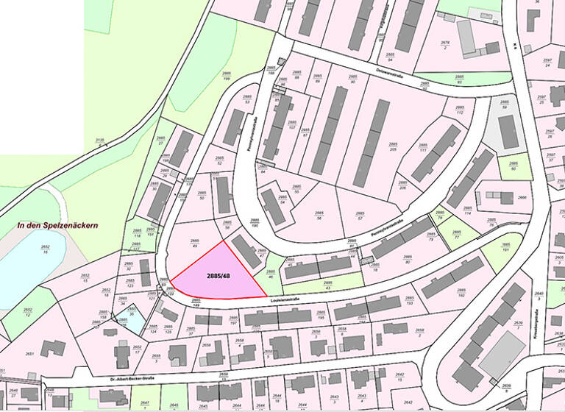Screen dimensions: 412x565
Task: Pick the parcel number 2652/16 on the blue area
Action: pos(45,249)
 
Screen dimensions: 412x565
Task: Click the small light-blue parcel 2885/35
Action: pos(131,312)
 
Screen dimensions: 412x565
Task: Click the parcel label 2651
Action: pos(29,353)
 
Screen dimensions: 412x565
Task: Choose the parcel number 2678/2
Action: pos(444,45)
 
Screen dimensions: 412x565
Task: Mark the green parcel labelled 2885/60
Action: pos(514,166)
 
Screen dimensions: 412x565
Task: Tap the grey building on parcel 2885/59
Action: pos(508,132)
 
